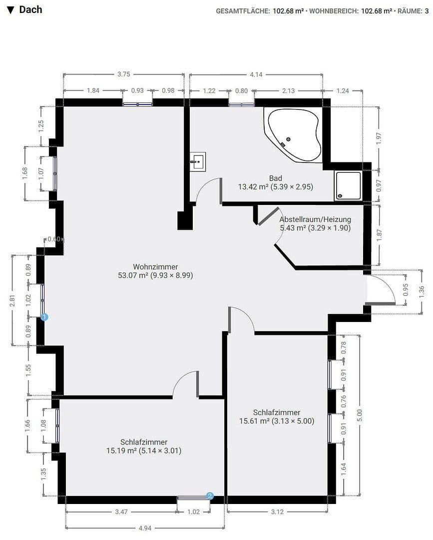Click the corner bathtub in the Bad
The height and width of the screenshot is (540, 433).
[295, 134]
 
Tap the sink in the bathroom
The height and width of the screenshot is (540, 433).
[198, 161]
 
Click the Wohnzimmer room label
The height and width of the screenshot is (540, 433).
[155, 266]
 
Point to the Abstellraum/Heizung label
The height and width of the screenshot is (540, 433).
[315, 219]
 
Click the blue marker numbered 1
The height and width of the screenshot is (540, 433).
[44, 316]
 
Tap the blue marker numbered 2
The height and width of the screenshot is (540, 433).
[210, 495]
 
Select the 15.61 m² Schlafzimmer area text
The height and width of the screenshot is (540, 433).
[277, 421]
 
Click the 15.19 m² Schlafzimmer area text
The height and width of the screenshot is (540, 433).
[144, 450]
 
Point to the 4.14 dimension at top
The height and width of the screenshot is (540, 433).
[256, 74]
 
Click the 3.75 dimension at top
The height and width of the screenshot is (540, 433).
[123, 74]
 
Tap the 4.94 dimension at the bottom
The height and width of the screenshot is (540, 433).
[145, 527]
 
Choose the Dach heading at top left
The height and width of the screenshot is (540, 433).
[30, 9]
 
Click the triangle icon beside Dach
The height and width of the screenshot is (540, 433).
[10, 10]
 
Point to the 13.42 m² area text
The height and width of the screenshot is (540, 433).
[275, 187]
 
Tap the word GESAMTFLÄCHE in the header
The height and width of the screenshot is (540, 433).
[243, 10]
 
